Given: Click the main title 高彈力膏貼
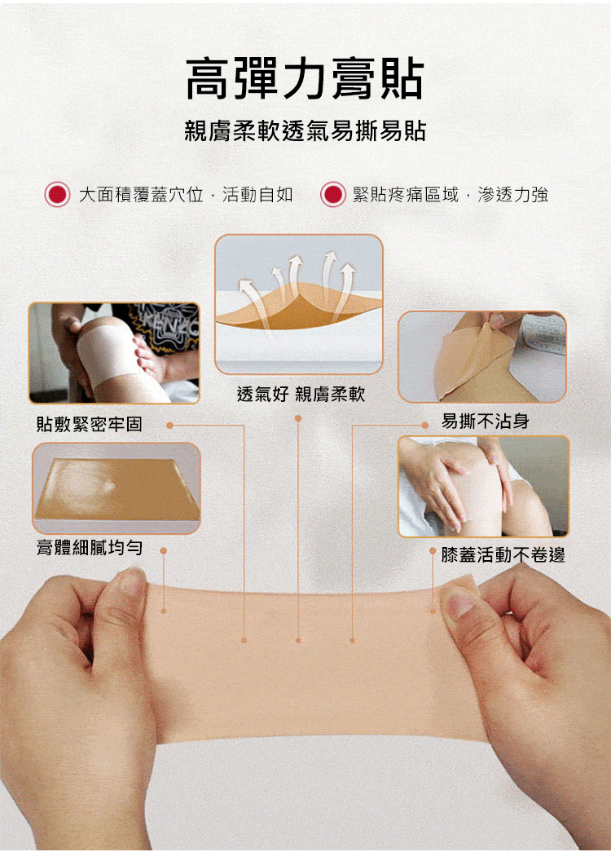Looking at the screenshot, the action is [x=304, y=79].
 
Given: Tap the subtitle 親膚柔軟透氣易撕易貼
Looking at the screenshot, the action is [x=305, y=131].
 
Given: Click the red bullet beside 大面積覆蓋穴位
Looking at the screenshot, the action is [x=57, y=194].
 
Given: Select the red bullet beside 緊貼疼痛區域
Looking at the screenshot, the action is [x=333, y=194].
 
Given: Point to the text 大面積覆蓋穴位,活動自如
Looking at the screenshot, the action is [x=186, y=195].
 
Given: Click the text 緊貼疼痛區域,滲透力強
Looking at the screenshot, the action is [x=451, y=195].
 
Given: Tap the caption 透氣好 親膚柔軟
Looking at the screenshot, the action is [x=301, y=394].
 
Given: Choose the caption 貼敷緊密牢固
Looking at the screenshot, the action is [x=90, y=424].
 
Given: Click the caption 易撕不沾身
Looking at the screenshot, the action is [x=485, y=421].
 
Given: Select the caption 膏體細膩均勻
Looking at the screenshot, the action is [x=90, y=547].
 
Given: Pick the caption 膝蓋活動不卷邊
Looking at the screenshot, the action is [x=503, y=554].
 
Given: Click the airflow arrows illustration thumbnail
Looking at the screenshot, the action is [x=299, y=304].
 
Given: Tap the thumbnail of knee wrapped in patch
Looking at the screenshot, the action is [x=114, y=353].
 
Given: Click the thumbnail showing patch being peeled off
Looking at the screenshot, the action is [x=482, y=357].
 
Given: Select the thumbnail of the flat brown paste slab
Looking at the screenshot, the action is [x=116, y=488].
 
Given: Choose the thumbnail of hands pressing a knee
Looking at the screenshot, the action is [x=484, y=486].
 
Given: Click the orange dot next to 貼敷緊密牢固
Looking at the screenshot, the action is [x=170, y=425].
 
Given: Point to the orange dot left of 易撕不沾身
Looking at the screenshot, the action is [x=426, y=425].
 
